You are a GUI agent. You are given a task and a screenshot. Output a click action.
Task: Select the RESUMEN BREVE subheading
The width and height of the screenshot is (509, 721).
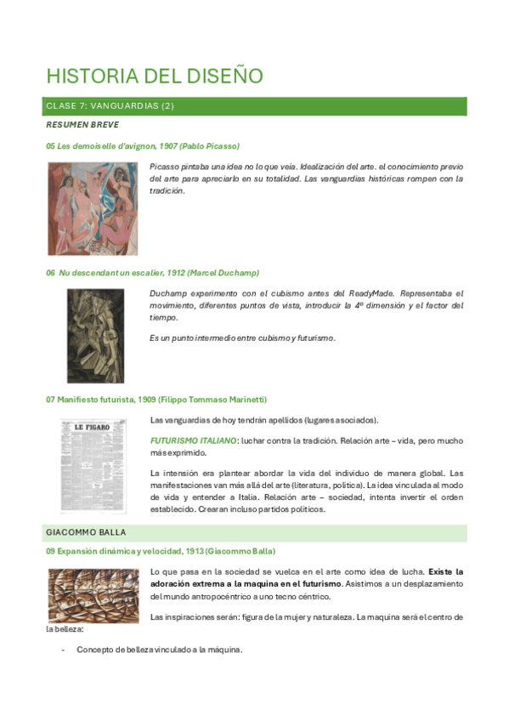pos(82,125)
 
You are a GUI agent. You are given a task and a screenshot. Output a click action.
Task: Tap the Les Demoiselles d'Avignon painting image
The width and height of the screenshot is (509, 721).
pos(92,208)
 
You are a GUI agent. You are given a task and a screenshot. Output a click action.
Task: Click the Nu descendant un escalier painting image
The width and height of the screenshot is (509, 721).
pos(95,335)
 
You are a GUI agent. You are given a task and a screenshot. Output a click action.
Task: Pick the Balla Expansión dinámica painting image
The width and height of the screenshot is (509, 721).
pos(93,594)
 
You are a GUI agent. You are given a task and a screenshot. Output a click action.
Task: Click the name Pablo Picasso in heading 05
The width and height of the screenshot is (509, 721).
pos(209,146)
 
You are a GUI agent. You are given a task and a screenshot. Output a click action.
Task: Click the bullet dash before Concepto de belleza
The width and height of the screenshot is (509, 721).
pos(64,650)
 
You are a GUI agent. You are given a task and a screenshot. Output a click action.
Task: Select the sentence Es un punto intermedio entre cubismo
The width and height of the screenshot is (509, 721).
pos(242,338)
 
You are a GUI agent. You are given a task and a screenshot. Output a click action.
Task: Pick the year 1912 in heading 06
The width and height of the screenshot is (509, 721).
pos(178,273)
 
